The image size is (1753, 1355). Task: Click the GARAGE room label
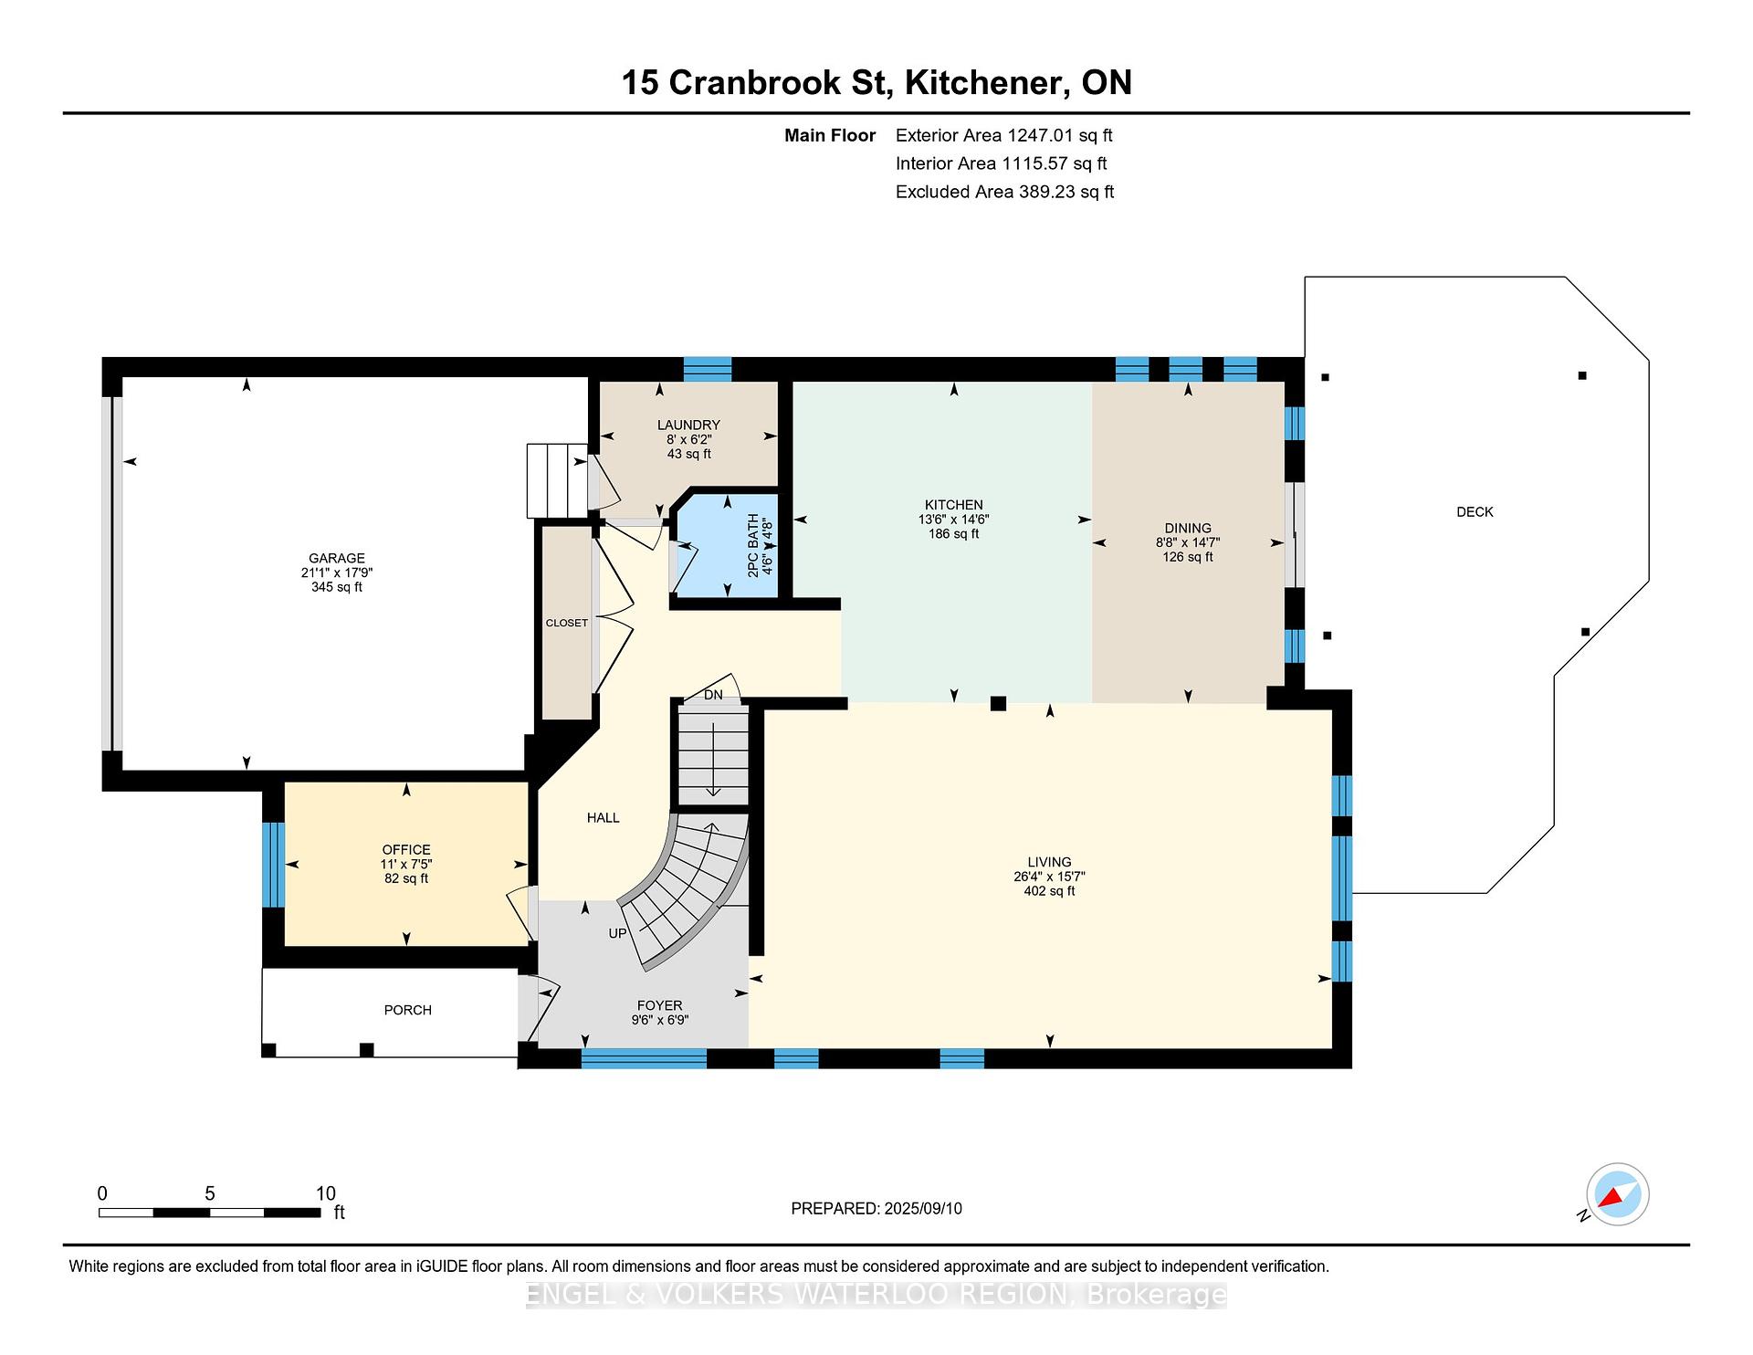337,558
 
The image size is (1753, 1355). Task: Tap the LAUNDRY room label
688,425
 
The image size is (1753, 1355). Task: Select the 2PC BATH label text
753,545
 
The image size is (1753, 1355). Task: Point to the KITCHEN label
954,505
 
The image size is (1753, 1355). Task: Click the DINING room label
1188,528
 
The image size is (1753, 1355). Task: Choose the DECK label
1475,512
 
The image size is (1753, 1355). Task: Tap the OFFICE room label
406,849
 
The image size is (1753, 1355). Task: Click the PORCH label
408,1010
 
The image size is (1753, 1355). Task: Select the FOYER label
659,1005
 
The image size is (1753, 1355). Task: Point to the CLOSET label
567,623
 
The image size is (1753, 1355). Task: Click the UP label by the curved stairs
618,933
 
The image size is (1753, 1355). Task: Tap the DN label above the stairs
713,695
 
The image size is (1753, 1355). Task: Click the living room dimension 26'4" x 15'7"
1049,877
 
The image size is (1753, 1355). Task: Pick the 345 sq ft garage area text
337,587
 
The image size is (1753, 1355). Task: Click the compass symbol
1617,1194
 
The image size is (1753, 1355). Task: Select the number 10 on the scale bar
326,1193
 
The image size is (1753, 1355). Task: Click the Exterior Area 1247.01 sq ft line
1004,136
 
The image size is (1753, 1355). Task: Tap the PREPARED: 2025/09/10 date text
876,1209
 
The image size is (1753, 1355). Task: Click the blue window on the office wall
273,865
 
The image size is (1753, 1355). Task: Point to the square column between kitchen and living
998,703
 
